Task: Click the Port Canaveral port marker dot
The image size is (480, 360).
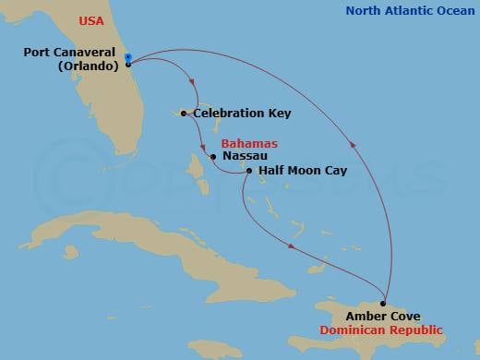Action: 127,64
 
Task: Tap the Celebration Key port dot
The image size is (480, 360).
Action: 185,114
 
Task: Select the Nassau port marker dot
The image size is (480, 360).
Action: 213,157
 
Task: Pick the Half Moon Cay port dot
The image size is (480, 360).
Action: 248,170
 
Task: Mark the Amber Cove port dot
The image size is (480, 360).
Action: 384,303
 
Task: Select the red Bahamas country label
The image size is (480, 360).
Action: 250,143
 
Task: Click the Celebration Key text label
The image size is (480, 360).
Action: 242,114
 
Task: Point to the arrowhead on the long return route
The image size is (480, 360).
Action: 351,142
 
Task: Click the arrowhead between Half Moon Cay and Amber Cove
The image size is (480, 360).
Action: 291,246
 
